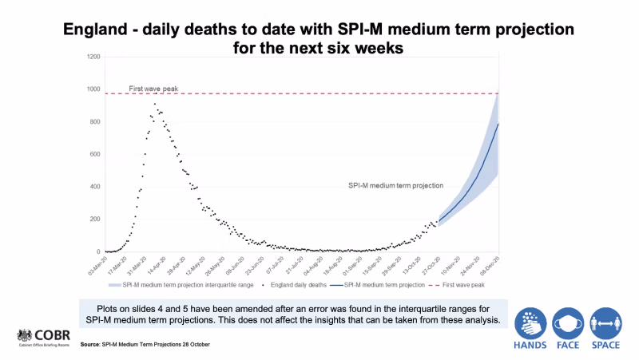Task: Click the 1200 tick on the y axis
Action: pyautogui.click(x=93, y=57)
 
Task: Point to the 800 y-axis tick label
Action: pyautogui.click(x=95, y=122)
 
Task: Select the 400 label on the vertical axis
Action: pyautogui.click(x=95, y=187)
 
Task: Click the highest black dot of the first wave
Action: pyautogui.click(x=156, y=103)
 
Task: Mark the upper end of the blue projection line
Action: pyautogui.click(x=498, y=124)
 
